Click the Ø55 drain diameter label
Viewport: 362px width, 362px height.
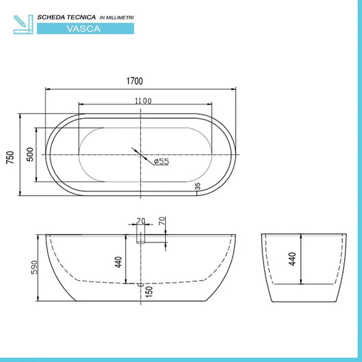(161, 161)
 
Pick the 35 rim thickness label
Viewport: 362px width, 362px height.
(197, 184)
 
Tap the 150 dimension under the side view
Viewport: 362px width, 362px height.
(148, 292)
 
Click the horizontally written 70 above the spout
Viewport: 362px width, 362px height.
(141, 221)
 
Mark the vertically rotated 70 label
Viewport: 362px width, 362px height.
(161, 221)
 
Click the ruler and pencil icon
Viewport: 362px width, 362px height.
(22, 22)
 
